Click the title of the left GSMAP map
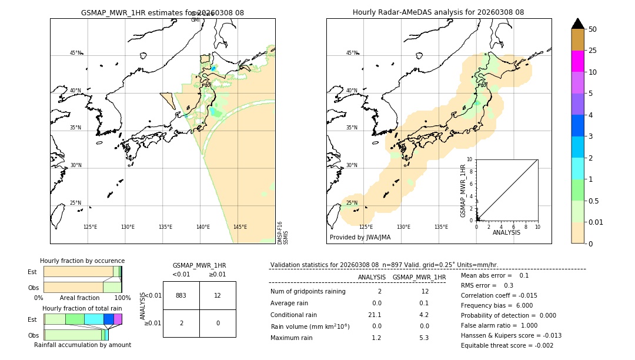(x=162, y=12)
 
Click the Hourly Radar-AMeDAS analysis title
(x=438, y=12)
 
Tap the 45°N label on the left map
(x=75, y=53)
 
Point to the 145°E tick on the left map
(x=240, y=227)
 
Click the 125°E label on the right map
(x=366, y=227)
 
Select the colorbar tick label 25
(x=593, y=51)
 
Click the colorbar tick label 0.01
(x=596, y=222)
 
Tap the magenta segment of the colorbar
(x=577, y=61)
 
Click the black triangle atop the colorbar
(x=577, y=24)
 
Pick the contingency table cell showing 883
(x=181, y=295)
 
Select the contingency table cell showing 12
(x=218, y=295)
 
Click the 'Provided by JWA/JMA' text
(x=360, y=238)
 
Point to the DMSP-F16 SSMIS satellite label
(x=283, y=233)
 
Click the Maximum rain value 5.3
(x=424, y=338)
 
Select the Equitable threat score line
(x=507, y=345)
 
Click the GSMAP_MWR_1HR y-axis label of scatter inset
(x=463, y=191)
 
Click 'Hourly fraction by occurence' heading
(x=82, y=261)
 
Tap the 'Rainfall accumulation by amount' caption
(x=82, y=345)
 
